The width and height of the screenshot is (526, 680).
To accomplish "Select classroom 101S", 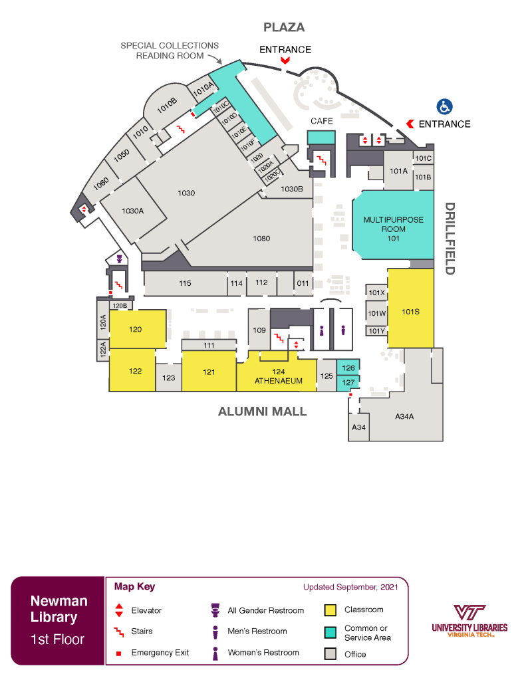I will pos(410,310).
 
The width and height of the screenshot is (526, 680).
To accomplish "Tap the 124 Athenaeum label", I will pos(279,376).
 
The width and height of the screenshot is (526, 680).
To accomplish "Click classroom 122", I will pos(136,371).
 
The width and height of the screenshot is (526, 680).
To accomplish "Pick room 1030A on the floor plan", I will pos(133,211).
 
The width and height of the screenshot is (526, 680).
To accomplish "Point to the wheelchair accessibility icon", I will pos(444,106).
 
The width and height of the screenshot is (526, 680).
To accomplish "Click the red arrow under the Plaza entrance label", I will pos(285,60).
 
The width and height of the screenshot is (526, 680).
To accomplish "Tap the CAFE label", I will pos(322,121).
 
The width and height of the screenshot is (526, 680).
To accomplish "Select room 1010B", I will pos(166,103).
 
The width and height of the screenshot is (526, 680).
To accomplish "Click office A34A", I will pos(404,416).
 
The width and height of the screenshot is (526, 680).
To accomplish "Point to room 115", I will pos(185,284).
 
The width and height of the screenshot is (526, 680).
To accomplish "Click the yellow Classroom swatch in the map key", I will pos(330,610).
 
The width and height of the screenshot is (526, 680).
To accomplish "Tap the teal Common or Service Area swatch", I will pos(330,632).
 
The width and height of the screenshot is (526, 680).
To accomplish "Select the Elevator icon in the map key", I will pos(119,610).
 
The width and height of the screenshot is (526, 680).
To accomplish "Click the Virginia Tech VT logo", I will pos(469,613).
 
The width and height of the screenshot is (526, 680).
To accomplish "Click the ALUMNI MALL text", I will pos(263,411).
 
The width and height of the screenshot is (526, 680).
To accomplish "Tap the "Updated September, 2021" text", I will pos(350,587).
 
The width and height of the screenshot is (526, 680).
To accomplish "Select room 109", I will pos(259,330).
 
